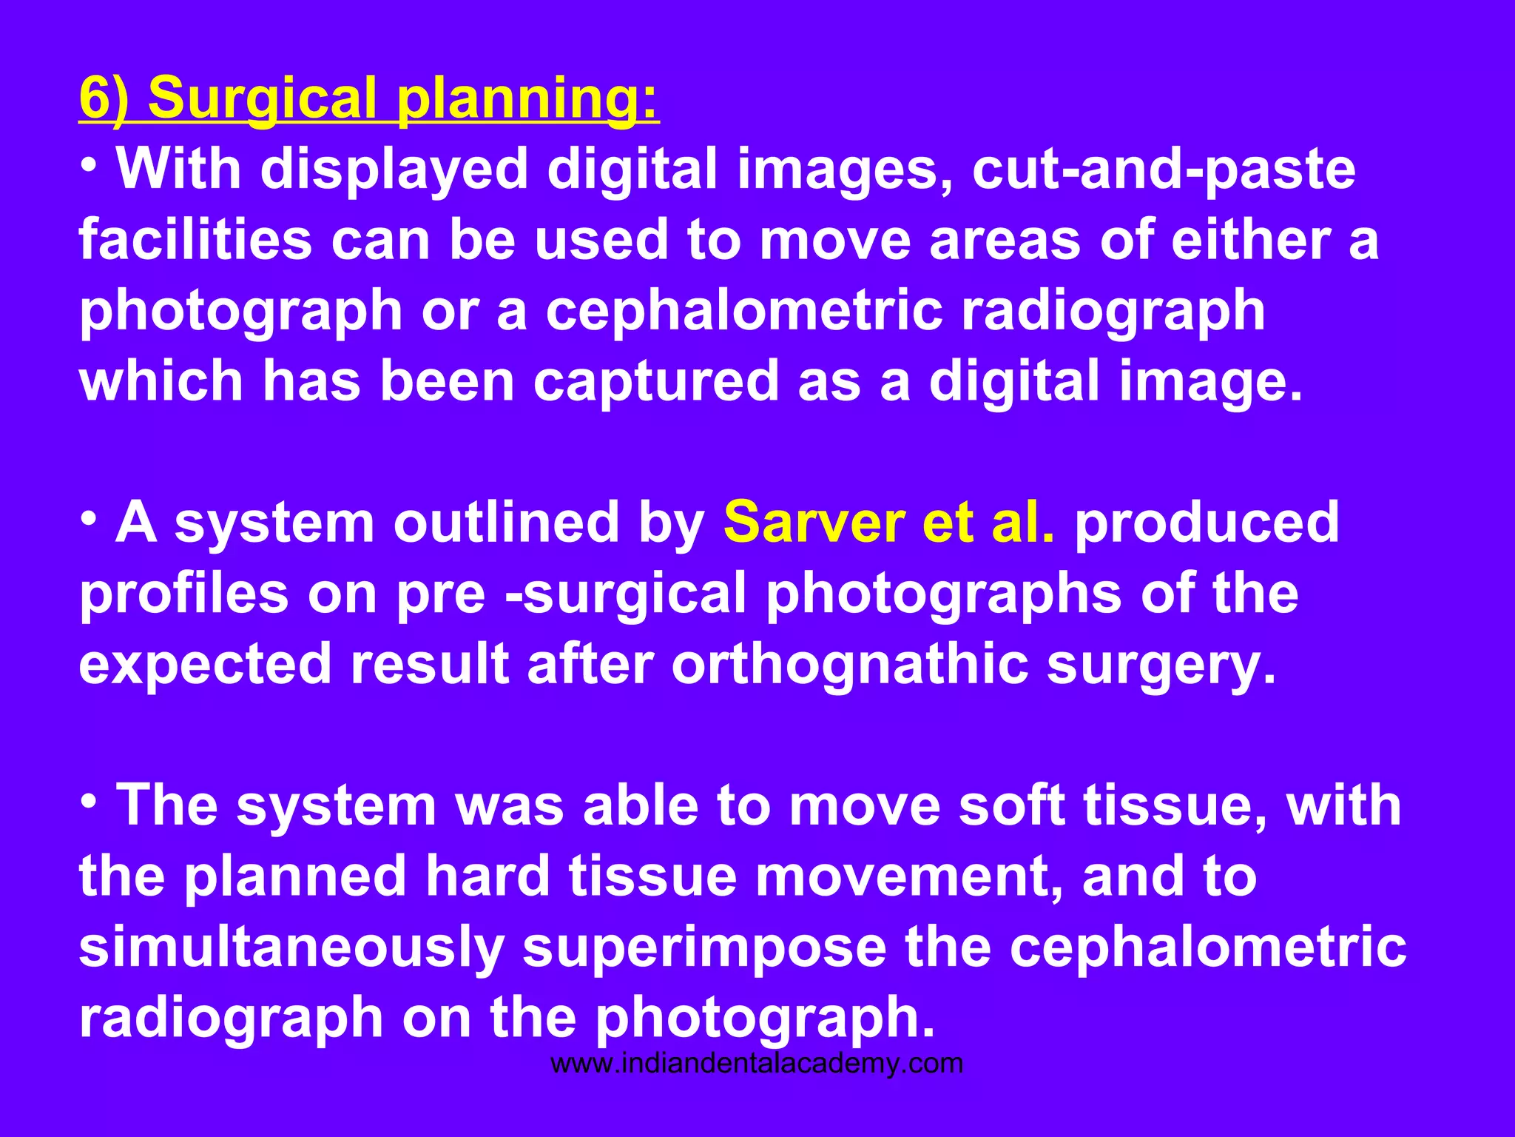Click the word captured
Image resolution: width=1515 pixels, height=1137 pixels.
click(x=655, y=382)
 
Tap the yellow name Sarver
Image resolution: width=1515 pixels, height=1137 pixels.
click(x=814, y=523)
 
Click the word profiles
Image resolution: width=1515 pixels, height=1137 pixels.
click(x=183, y=594)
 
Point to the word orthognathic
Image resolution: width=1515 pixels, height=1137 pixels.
click(x=849, y=664)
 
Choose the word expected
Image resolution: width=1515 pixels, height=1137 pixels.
click(x=205, y=664)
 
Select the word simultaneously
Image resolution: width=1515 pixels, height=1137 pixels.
click(x=291, y=947)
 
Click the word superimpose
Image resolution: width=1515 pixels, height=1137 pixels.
click(x=704, y=947)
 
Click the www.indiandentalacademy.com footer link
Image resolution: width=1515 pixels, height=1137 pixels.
click(x=757, y=1064)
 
